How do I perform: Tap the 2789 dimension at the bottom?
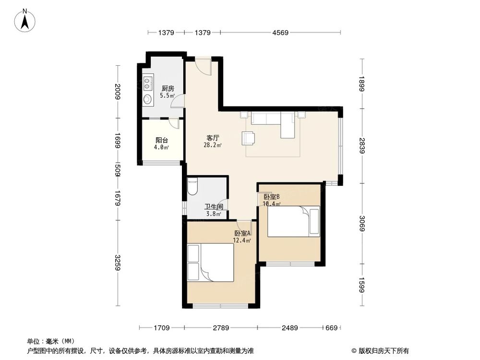point(221,328)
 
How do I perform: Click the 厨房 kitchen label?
point(167,88)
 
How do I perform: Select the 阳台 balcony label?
point(161,141)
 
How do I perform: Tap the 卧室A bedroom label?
point(242,233)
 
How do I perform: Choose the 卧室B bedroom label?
point(271,197)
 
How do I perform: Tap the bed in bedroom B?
point(293,221)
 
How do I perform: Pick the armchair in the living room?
point(249,138)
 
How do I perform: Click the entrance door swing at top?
point(204,66)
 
